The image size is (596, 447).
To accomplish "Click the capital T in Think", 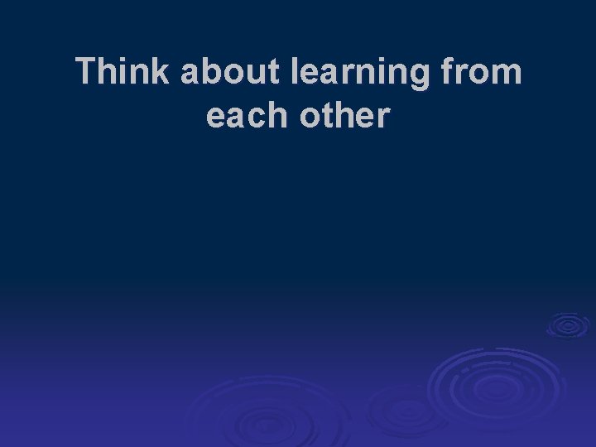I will [x=85, y=73].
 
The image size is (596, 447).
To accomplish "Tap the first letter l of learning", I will [x=296, y=73].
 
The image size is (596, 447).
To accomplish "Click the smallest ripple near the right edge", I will [x=567, y=325].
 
